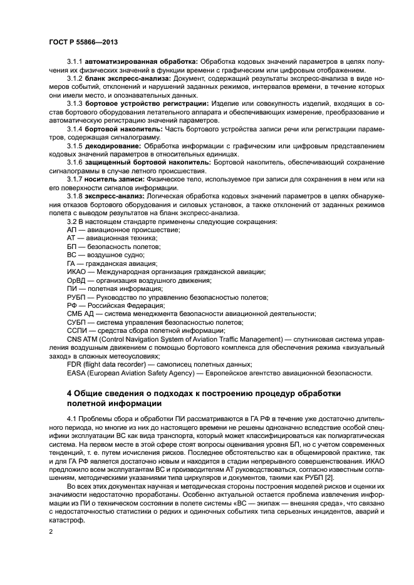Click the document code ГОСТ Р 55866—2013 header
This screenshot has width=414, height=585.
[83, 41]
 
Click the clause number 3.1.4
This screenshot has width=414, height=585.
[75, 129]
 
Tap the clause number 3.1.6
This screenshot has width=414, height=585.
[75, 163]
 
